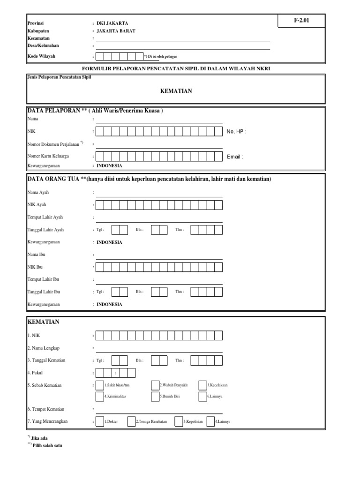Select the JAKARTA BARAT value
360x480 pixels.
[116, 30]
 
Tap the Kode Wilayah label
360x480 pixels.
[41, 56]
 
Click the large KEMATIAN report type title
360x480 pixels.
[176, 91]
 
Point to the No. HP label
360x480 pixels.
[236, 132]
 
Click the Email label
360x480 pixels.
[235, 157]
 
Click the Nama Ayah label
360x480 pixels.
[38, 192]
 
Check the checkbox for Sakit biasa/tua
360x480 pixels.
[100, 385]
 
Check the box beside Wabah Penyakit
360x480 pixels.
[155, 385]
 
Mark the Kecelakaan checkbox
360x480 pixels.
[202, 385]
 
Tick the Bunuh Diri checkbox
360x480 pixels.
[155, 396]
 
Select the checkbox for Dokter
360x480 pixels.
[100, 421]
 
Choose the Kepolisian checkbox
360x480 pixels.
[179, 421]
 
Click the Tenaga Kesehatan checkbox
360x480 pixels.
[131, 421]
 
